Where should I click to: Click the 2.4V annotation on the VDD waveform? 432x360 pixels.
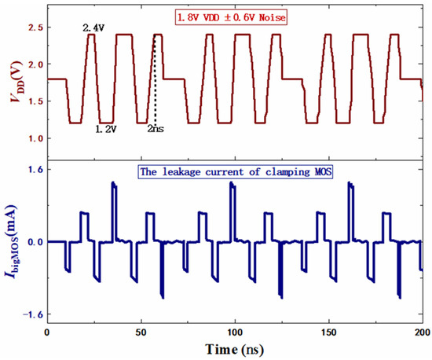click(x=93, y=28)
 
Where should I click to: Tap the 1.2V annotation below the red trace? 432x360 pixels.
click(x=106, y=129)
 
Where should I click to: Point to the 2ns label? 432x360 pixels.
click(x=156, y=128)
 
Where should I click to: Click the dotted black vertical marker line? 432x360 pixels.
click(x=155, y=80)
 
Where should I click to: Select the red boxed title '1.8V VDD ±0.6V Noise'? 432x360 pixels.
click(x=231, y=17)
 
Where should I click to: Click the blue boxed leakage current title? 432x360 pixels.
click(x=236, y=172)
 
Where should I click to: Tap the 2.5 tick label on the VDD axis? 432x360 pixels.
click(x=36, y=28)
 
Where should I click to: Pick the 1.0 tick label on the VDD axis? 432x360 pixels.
click(x=36, y=138)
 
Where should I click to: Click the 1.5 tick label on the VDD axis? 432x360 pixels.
click(x=36, y=101)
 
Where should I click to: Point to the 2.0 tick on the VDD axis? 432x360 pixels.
click(x=36, y=64)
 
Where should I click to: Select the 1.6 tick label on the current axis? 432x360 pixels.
click(x=36, y=169)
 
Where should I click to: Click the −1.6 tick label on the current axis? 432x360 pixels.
click(x=33, y=314)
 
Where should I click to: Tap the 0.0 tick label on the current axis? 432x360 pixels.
click(x=36, y=242)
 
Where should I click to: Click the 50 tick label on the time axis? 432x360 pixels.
click(x=141, y=332)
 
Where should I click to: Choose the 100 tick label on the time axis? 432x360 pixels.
click(x=235, y=332)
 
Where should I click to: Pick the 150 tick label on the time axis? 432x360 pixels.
click(x=329, y=332)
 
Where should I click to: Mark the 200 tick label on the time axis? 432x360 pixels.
click(x=423, y=332)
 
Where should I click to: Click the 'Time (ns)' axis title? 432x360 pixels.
click(x=235, y=350)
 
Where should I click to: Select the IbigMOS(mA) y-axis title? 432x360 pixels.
click(x=11, y=242)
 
